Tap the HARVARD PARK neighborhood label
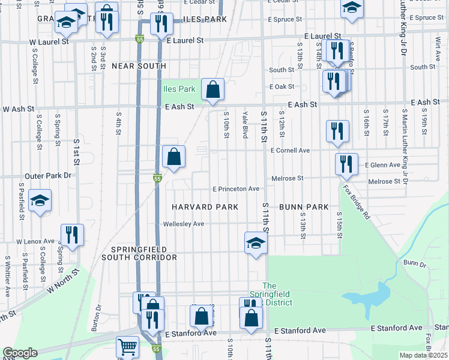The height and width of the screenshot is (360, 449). (205, 207)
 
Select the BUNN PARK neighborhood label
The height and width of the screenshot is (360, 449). (307, 207)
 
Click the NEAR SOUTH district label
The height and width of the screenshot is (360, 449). (139, 66)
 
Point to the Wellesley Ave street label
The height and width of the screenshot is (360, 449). (184, 224)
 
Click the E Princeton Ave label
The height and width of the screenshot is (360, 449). (237, 188)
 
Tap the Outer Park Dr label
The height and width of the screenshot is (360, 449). (47, 176)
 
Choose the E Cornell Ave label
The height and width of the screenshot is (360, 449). (290, 150)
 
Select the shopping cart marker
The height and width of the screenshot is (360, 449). (127, 346)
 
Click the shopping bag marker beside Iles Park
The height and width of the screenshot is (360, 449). (212, 89)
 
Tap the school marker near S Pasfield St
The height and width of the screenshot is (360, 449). (40, 200)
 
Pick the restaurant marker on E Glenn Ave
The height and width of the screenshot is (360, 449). (346, 165)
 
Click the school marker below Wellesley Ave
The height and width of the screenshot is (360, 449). (256, 243)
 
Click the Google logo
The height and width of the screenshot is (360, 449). (20, 353)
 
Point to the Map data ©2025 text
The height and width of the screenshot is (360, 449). (423, 355)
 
